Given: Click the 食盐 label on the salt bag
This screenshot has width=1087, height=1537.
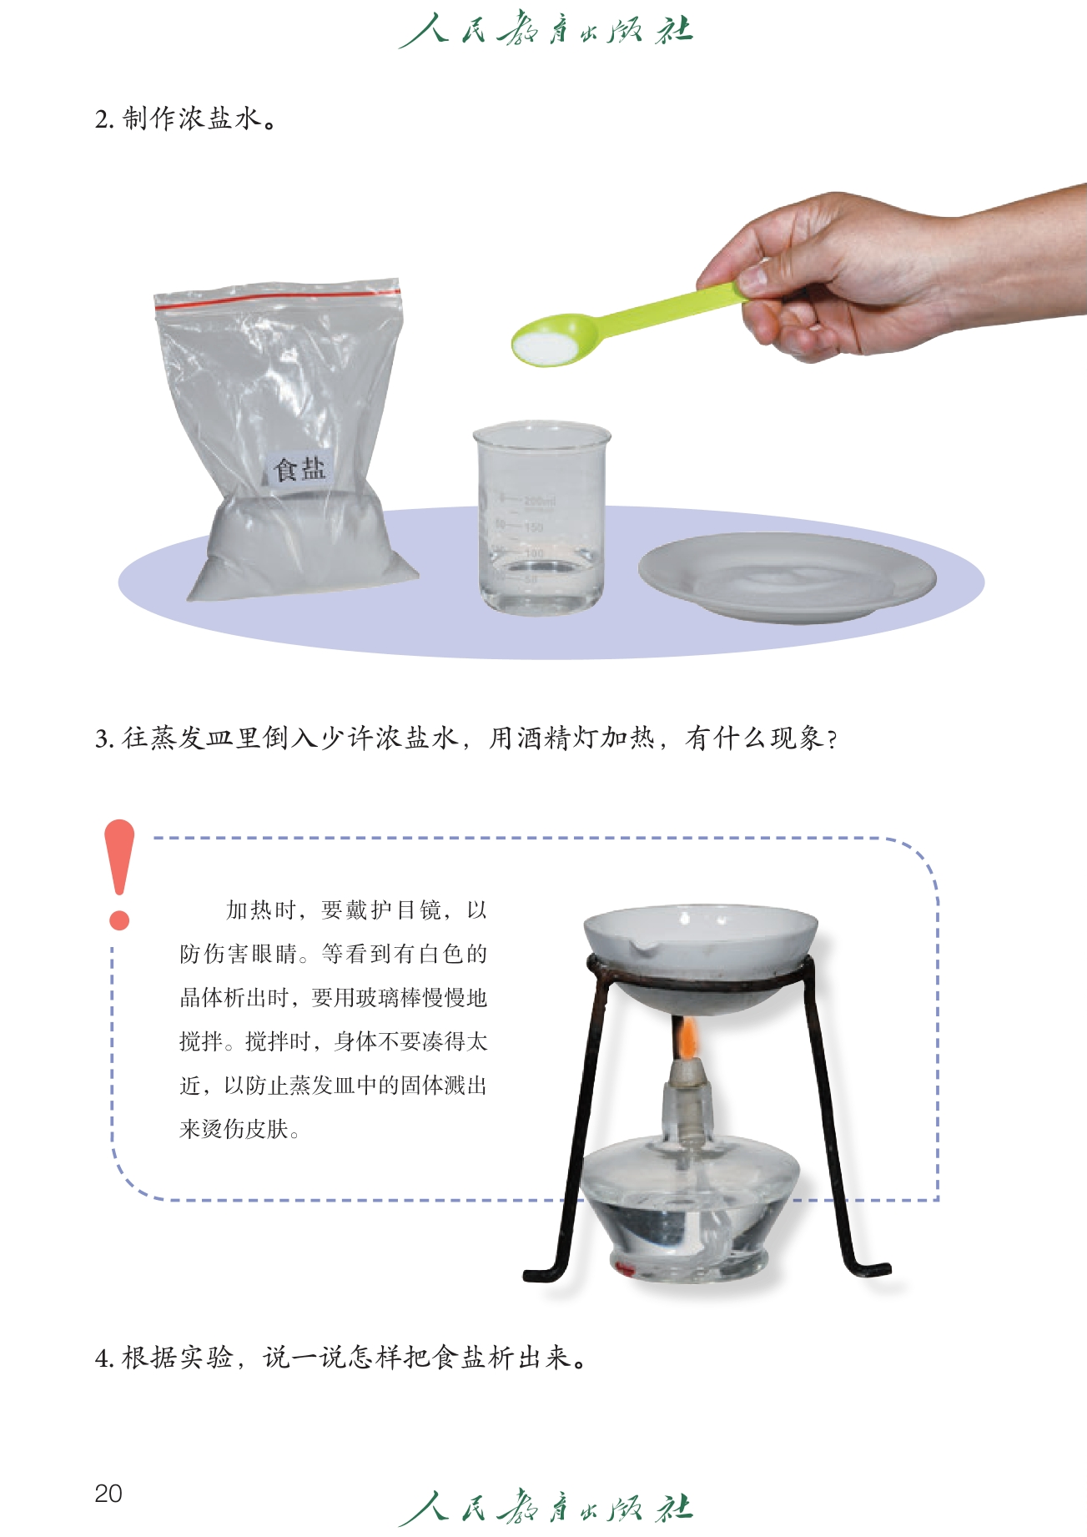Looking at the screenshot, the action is click(299, 468).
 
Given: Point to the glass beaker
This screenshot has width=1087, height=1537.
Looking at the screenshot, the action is click(541, 517).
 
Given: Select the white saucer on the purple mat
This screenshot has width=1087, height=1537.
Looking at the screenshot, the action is click(787, 577).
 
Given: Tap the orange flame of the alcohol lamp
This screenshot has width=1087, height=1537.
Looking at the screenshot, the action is click(687, 1037).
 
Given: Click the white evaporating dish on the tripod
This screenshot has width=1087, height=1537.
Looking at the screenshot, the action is click(700, 957).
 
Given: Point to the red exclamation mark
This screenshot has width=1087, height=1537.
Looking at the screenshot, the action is click(119, 874).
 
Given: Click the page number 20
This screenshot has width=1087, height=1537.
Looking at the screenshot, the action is click(108, 1493).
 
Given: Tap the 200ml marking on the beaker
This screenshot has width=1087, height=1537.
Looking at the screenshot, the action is click(540, 501).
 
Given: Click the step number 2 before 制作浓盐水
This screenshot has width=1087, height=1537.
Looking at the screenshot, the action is click(103, 119).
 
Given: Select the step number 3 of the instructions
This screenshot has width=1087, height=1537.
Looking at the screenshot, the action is click(103, 738).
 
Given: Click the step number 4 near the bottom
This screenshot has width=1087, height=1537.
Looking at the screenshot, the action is click(103, 1358).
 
